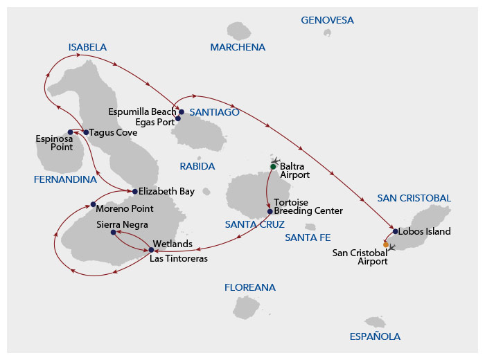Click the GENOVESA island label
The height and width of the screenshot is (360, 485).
tap(327, 20)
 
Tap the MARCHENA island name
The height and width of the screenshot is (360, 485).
tap(238, 47)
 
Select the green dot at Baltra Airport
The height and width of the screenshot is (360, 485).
tap(273, 167)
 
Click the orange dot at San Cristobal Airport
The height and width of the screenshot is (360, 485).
tap(385, 244)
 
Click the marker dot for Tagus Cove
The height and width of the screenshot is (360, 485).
tap(86, 132)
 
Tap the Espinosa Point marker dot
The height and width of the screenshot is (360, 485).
tap(70, 132)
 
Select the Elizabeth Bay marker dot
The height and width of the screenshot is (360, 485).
tap(135, 191)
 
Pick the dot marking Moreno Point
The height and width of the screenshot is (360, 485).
tap(93, 204)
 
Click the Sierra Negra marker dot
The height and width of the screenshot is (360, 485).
tap(113, 233)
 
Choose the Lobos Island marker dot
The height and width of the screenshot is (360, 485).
tap(395, 231)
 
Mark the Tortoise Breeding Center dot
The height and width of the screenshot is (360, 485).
tap(270, 211)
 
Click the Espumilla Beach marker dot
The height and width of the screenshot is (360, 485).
tap(181, 111)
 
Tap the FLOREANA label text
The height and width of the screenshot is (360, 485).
tap(249, 287)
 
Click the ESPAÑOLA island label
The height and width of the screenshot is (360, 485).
tap(374, 336)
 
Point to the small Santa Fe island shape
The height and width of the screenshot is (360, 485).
tap(310, 226)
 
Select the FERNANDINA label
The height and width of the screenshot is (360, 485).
tap(65, 179)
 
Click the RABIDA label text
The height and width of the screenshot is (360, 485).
tap(197, 166)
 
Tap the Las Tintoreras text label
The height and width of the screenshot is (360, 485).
tap(179, 259)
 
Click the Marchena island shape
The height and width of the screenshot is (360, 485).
tap(239, 30)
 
